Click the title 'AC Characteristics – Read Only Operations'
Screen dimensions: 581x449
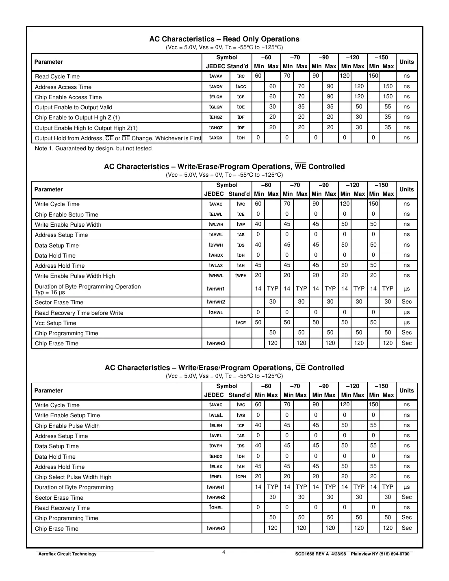point(224,39)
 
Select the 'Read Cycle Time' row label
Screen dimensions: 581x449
point(57,76)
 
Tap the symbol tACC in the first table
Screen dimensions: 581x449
point(241,87)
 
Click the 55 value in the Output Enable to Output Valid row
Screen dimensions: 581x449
point(388,107)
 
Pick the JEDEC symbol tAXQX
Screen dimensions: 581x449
point(216,138)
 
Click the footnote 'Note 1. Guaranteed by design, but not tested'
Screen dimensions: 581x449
point(93,148)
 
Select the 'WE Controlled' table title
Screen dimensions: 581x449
point(224,167)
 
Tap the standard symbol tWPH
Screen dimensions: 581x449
point(241,275)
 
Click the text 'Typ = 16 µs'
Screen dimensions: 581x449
point(50,293)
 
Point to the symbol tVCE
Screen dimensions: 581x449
point(241,323)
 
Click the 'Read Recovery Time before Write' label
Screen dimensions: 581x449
point(79,313)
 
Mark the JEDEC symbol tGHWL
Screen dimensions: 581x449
point(216,312)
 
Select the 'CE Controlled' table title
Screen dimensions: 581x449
point(224,368)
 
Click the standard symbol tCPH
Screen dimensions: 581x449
point(241,477)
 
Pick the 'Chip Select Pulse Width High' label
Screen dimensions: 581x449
point(73,477)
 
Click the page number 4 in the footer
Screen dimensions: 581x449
point(224,552)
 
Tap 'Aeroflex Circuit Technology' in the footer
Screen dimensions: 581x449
point(67,554)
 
